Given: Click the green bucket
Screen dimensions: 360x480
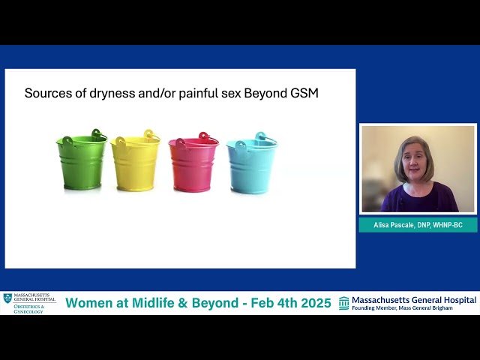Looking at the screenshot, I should [x=81, y=163].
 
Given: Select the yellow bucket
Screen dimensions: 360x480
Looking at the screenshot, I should [x=135, y=163].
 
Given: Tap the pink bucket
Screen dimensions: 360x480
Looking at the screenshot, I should [x=193, y=165].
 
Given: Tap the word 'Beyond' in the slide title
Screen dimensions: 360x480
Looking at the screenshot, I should [x=264, y=94].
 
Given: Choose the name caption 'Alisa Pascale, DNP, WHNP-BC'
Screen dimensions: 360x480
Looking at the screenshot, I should [x=418, y=225].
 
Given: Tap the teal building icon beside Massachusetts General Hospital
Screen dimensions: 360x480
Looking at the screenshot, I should [x=344, y=303].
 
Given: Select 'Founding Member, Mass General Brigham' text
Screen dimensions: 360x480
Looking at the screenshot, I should [x=402, y=308].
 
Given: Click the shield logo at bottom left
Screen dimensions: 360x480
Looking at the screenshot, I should [x=7, y=298].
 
